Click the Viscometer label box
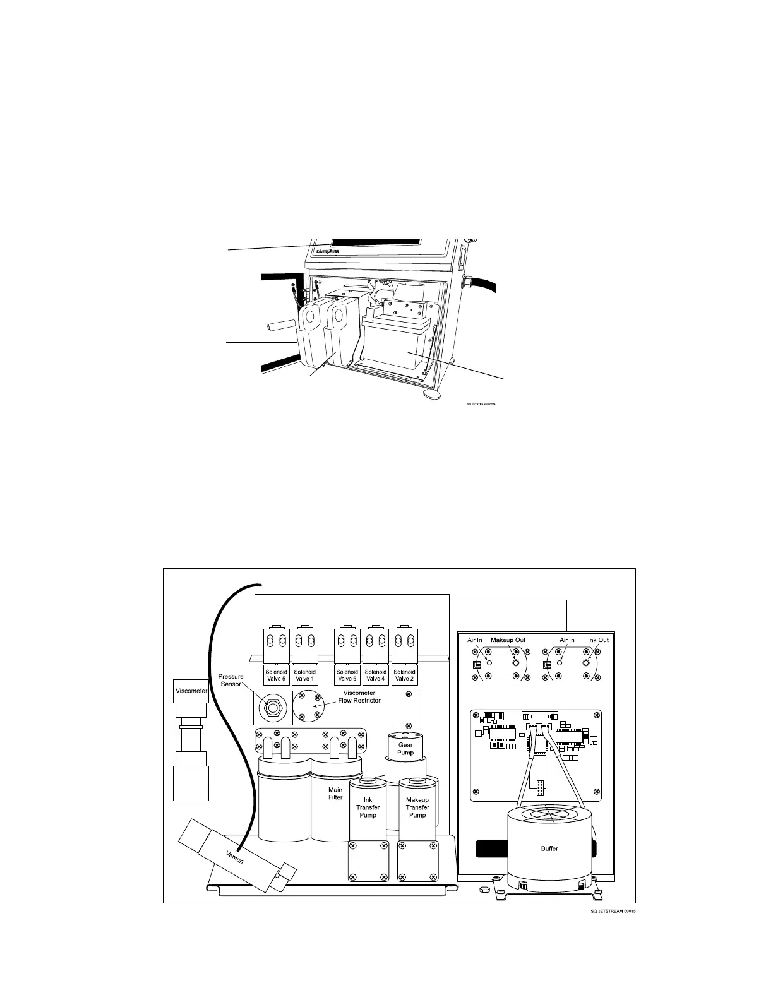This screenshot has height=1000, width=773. click(191, 691)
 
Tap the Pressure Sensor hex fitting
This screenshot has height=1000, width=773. click(272, 708)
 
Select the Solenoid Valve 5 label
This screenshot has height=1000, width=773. click(276, 675)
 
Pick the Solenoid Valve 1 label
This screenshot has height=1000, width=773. click(305, 675)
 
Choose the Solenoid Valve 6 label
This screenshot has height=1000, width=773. click(347, 675)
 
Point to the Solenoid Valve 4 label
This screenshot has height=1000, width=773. click(376, 675)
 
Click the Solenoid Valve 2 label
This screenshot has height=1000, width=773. click(404, 675)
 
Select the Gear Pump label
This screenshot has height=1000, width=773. click(405, 749)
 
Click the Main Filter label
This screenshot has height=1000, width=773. click(335, 794)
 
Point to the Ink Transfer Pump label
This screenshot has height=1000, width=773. click(368, 807)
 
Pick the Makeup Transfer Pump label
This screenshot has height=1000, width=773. click(417, 807)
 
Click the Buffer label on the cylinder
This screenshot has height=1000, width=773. click(549, 848)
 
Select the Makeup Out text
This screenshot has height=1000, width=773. click(508, 640)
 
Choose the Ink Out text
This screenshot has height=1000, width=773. click(598, 640)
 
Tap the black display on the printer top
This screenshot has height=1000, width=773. click(374, 242)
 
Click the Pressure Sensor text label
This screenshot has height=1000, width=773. click(231, 681)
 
